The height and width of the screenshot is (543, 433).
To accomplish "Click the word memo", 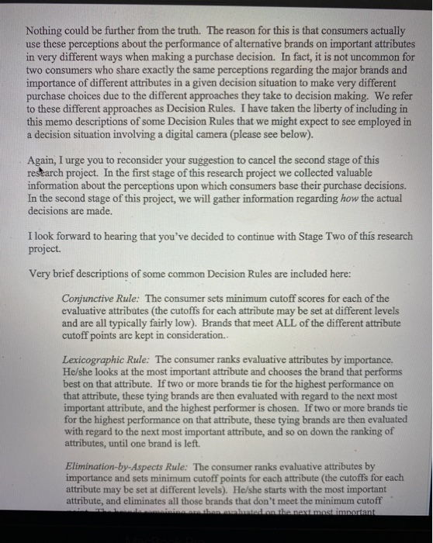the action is [65, 122].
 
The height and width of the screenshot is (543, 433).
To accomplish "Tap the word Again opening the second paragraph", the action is [43, 160].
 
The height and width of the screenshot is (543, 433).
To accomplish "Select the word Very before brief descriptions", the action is [41, 273].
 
